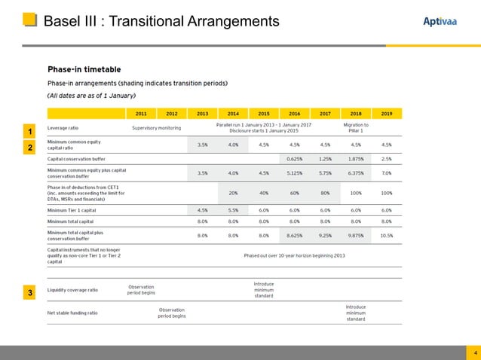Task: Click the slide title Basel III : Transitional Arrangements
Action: point(161,20)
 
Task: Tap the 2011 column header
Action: point(141,113)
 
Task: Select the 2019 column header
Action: point(387,113)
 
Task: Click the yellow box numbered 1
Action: point(29,133)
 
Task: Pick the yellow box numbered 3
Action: point(29,292)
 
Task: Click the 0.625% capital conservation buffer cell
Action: point(295,159)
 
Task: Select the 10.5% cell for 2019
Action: point(387,235)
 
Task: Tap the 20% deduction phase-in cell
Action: point(233,192)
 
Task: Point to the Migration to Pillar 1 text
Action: point(355,127)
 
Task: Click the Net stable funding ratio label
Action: point(72,313)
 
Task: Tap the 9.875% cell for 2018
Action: point(356,235)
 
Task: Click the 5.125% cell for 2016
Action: point(295,172)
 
